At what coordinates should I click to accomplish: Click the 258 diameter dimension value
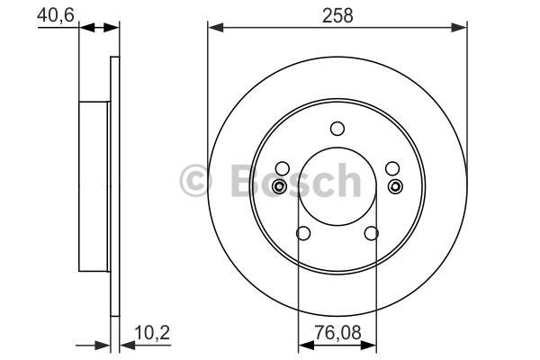[x=337, y=16]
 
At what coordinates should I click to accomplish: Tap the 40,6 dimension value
[x=56, y=14]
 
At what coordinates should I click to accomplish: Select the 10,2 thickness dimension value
[x=152, y=333]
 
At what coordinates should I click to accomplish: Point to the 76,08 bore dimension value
[x=337, y=333]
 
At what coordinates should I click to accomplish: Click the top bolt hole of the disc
[x=337, y=129]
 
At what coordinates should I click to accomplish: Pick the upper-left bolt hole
[x=283, y=168]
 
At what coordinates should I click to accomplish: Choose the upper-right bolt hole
[x=392, y=168]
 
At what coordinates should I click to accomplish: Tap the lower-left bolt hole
[x=303, y=233]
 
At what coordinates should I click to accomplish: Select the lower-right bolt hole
[x=371, y=233]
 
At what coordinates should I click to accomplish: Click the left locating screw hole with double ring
[x=279, y=186]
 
